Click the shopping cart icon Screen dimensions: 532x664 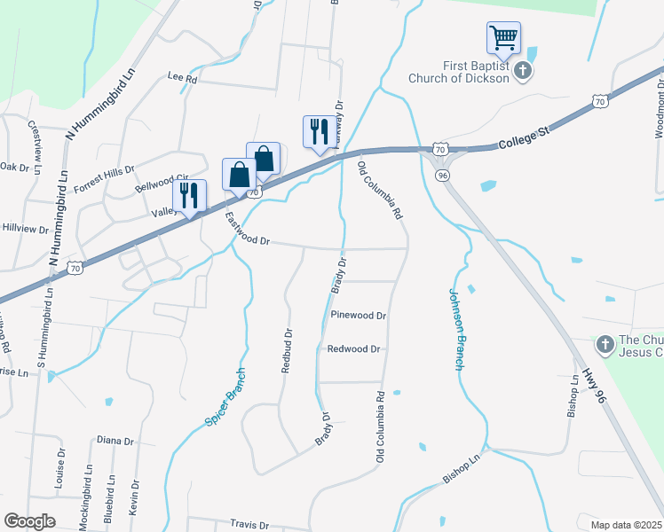pos(503,38)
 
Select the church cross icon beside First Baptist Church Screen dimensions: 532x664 pos(524,71)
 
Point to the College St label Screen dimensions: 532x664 pos(525,136)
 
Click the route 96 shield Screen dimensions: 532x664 pos(442,176)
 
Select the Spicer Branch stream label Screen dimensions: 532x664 pos(224,394)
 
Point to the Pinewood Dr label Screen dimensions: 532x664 pos(359,316)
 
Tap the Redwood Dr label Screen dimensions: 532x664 pos(353,349)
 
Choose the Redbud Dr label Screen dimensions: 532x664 pos(287,351)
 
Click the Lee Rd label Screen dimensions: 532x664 pos(182,78)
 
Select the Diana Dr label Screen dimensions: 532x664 pos(115,441)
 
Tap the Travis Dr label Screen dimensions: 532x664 pos(249,524)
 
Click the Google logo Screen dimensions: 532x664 pos(29,521)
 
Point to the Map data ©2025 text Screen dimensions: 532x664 pos(626,525)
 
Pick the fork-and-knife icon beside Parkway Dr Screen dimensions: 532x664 pos(317,131)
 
